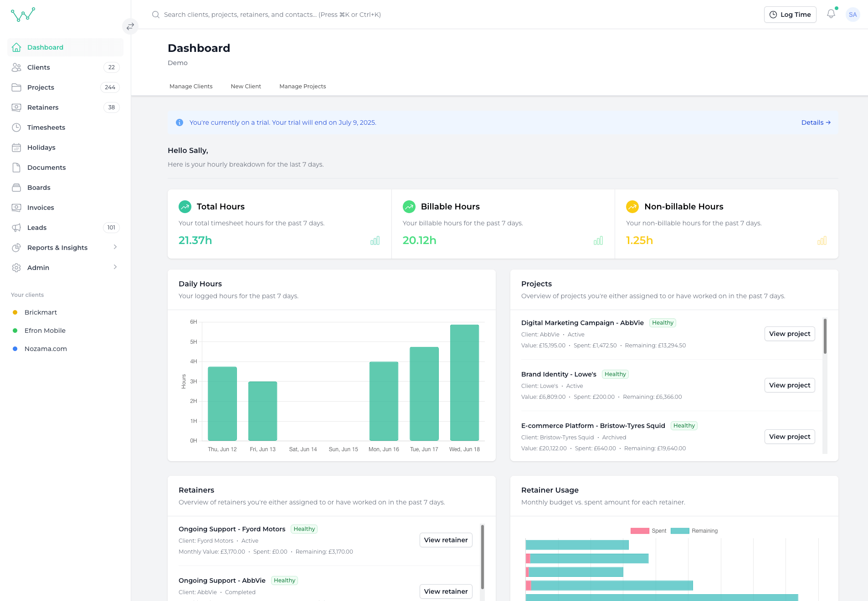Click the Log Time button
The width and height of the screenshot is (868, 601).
(790, 15)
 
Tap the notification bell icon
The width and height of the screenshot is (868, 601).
(831, 14)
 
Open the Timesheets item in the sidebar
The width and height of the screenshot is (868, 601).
(46, 127)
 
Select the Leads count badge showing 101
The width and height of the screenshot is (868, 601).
(111, 228)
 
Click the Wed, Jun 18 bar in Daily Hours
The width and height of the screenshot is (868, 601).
(464, 382)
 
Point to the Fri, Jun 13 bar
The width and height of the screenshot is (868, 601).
(262, 411)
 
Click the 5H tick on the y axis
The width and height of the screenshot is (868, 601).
(194, 342)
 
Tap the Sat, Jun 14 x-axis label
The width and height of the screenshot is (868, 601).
(303, 449)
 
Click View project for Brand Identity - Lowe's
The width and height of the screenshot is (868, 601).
(789, 385)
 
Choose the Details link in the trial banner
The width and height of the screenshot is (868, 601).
(816, 122)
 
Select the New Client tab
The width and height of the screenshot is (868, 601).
(246, 87)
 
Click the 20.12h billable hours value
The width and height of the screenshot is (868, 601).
(419, 240)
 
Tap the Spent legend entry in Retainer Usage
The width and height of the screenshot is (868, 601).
(648, 531)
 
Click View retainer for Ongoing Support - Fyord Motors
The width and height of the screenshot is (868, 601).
(446, 540)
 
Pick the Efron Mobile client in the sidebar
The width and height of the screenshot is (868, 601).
(45, 331)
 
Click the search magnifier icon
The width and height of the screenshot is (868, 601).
(156, 15)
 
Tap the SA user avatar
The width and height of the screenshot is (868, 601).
(853, 15)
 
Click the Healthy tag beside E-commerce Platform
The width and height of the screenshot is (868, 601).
(684, 426)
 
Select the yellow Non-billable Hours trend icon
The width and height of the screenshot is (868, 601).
(632, 207)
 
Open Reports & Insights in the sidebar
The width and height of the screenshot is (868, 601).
(57, 248)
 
